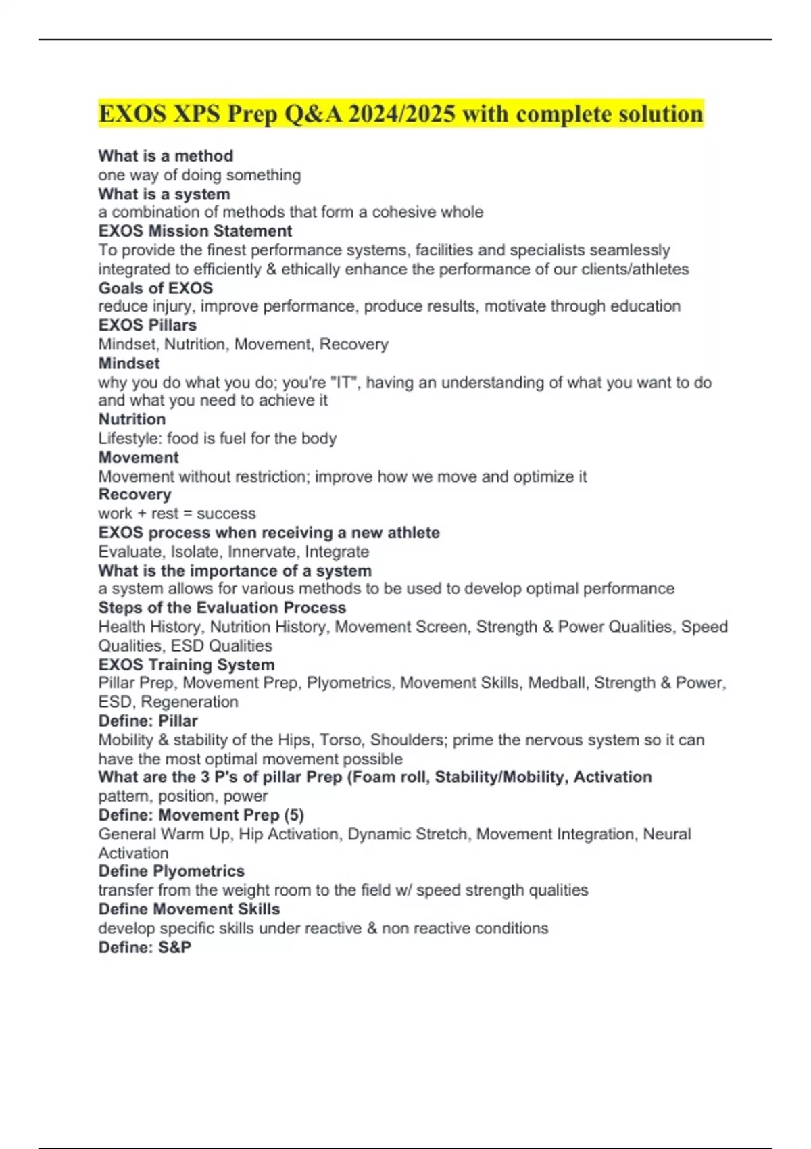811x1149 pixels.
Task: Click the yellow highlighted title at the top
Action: point(401,114)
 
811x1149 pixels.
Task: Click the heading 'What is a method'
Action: point(166,156)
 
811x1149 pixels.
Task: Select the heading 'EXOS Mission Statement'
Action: point(195,231)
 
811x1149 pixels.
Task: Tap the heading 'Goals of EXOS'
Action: point(155,288)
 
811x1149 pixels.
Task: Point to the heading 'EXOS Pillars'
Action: point(147,325)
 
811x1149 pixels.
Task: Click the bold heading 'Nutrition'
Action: point(132,420)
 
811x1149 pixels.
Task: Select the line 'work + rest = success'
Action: point(177,514)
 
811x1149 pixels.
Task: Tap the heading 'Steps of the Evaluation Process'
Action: point(222,608)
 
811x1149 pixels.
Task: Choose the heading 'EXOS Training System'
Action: point(187,665)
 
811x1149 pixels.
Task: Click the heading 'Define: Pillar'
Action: point(148,721)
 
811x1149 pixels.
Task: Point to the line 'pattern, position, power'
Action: point(183,796)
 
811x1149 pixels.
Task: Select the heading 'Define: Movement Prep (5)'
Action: point(201,815)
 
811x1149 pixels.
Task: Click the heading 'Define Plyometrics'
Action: point(172,871)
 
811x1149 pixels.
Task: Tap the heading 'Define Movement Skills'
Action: point(189,909)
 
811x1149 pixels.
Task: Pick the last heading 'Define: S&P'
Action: point(145,948)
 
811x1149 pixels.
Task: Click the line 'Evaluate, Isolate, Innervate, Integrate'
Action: point(234,552)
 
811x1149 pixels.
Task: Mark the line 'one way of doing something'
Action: point(199,175)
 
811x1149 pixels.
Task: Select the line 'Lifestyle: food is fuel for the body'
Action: point(218,439)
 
